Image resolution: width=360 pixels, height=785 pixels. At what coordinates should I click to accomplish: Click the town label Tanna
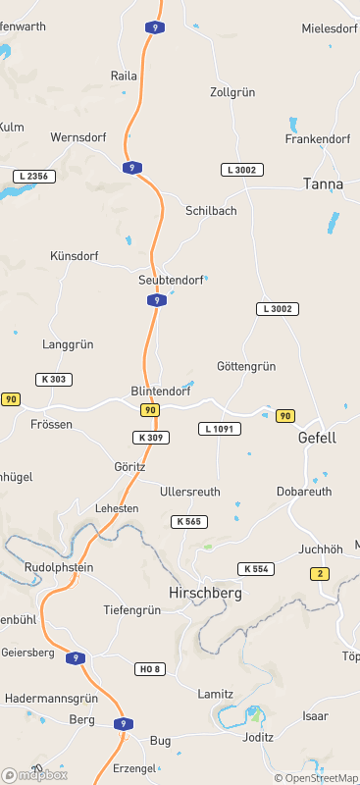[323, 183]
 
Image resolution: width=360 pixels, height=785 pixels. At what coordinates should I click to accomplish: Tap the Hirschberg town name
[206, 594]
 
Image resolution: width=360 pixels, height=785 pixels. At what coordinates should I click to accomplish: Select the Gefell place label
[317, 438]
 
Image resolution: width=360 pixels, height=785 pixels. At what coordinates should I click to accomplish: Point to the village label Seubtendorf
[171, 281]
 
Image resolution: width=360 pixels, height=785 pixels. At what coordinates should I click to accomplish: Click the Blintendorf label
[160, 391]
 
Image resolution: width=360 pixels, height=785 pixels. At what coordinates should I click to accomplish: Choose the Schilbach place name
[211, 211]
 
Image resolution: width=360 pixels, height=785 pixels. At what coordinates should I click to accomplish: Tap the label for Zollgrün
[232, 92]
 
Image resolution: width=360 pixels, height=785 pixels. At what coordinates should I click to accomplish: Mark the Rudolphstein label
[58, 567]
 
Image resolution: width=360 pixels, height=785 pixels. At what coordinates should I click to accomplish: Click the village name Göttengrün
[246, 366]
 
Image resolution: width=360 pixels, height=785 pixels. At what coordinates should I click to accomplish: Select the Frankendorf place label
[318, 139]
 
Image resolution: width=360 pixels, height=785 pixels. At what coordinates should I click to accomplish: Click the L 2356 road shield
[34, 177]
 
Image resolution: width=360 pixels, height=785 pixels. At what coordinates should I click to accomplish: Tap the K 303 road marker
[54, 379]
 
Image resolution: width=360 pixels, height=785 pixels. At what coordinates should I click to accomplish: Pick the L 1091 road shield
[220, 429]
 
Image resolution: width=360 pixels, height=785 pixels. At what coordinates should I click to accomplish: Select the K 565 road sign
[189, 521]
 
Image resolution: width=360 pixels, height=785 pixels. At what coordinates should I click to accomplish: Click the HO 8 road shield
[149, 668]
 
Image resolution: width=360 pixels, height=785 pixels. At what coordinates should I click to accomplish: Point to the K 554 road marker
[255, 569]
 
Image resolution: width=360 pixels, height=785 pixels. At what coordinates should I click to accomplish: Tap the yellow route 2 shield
[320, 573]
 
